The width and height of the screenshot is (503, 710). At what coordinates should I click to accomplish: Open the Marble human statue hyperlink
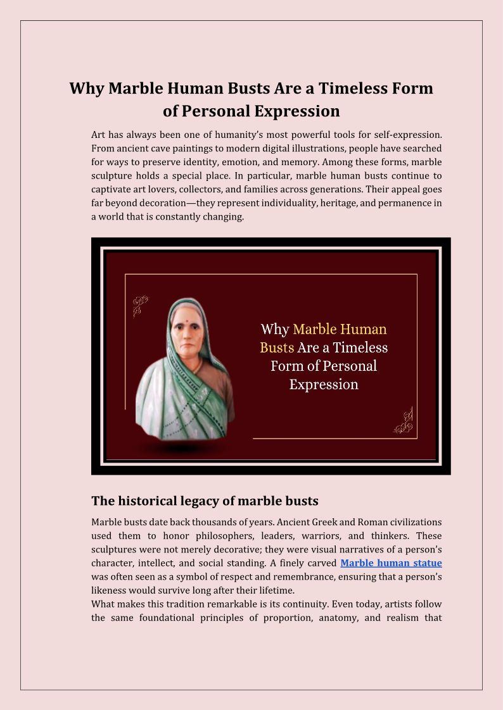pos(391,563)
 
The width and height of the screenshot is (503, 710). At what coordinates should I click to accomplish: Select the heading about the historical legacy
pos(205,501)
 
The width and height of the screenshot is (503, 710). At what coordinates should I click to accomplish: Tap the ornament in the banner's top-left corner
pos(140,306)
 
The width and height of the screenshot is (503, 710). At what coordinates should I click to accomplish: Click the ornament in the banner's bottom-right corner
pos(404,421)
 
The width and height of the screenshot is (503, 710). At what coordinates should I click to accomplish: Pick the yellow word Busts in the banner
pos(277,347)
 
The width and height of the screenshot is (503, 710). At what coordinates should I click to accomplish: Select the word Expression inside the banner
pos(324,384)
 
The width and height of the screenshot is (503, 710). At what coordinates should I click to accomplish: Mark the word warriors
pos(321,535)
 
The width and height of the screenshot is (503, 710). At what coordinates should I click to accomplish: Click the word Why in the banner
pos(275,330)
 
